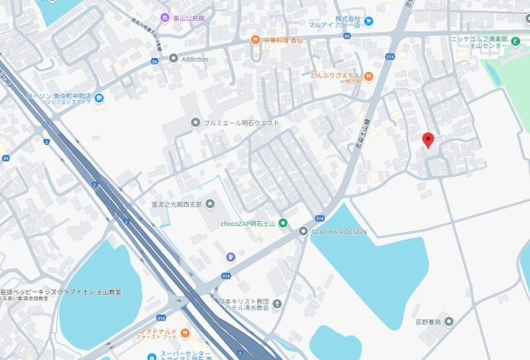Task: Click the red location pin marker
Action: [428, 140]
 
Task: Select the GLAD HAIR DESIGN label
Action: [340, 232]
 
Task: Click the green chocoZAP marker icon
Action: [283, 223]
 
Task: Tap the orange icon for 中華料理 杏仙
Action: [256, 39]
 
